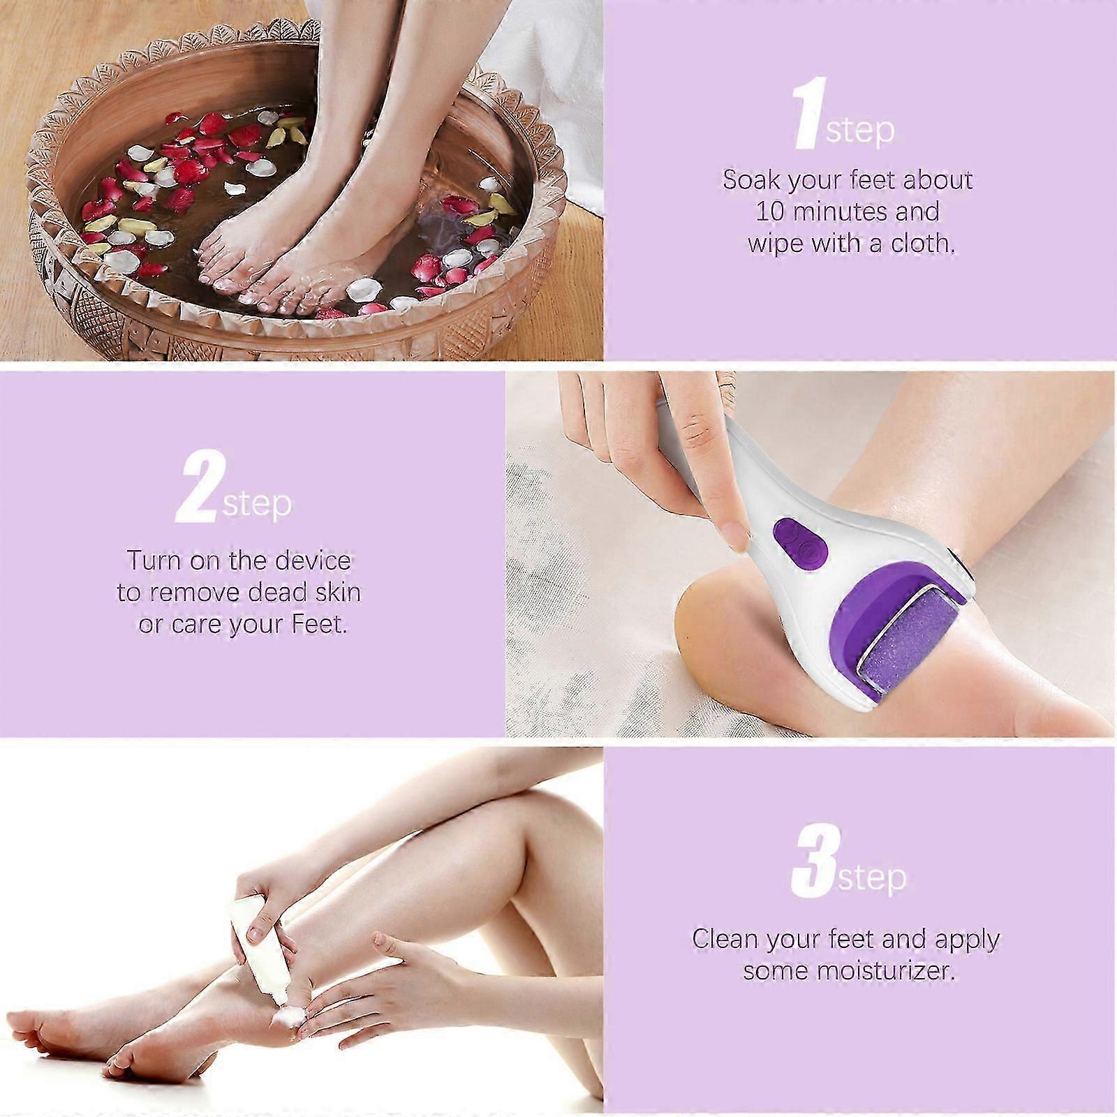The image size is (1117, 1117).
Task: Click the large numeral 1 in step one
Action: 811,114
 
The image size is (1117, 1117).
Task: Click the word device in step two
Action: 312,561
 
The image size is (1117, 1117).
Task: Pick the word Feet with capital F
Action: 319,623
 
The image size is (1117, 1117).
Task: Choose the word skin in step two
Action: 338,592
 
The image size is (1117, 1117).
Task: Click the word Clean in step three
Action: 725,938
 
